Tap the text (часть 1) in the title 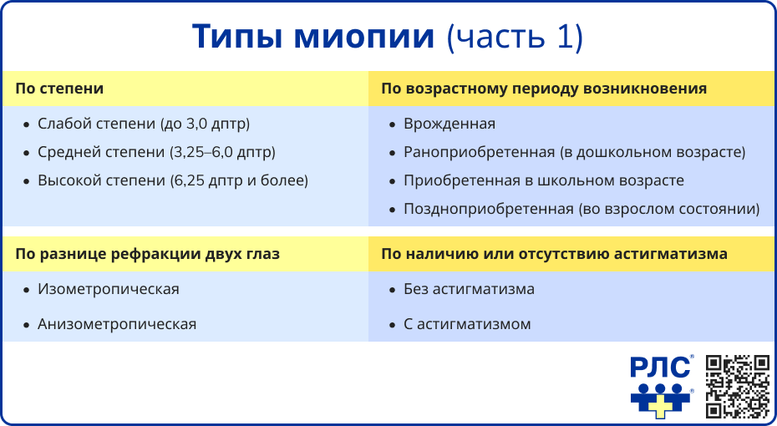pyautogui.click(x=515, y=38)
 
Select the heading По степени pyautogui.click(x=59, y=89)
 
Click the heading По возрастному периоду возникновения pyautogui.click(x=544, y=89)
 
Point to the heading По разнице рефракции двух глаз pyautogui.click(x=147, y=253)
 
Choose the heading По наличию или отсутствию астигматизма pyautogui.click(x=554, y=253)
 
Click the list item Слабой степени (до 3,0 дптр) pyautogui.click(x=144, y=124)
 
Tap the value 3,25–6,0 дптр pyautogui.click(x=222, y=152)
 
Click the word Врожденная pyautogui.click(x=449, y=124)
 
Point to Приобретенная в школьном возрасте pyautogui.click(x=544, y=180)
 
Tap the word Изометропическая pyautogui.click(x=109, y=289)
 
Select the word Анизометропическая pyautogui.click(x=117, y=324)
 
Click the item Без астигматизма pyautogui.click(x=469, y=289)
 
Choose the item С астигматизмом pyautogui.click(x=467, y=324)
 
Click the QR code pyautogui.click(x=737, y=386)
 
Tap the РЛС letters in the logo pyautogui.click(x=661, y=368)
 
